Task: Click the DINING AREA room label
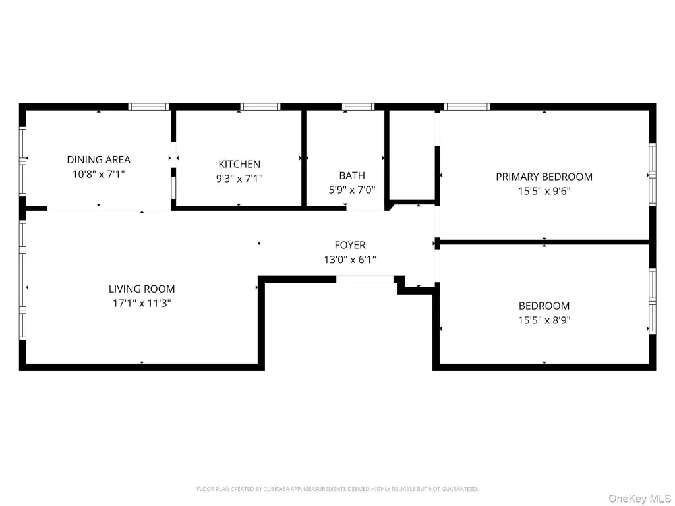(x=99, y=159)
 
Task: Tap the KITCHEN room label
(x=239, y=164)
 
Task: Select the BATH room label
(x=352, y=175)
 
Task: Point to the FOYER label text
(x=350, y=245)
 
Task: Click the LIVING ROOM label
(x=142, y=289)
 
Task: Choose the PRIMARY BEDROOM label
(x=544, y=177)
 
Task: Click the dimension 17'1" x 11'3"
(x=142, y=303)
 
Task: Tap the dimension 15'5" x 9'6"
(x=544, y=191)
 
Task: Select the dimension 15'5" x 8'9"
(x=544, y=320)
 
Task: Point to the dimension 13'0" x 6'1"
(x=350, y=260)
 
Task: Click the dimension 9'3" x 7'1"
(x=239, y=178)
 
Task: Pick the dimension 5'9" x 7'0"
(x=352, y=190)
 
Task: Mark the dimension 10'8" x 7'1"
(x=99, y=174)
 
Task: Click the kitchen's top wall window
(x=260, y=107)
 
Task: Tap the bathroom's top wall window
(x=358, y=107)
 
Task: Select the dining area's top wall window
(x=148, y=107)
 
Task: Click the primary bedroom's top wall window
(x=467, y=107)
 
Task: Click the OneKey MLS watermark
(x=639, y=499)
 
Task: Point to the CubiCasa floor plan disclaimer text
(x=337, y=489)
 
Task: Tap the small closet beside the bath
(x=412, y=155)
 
